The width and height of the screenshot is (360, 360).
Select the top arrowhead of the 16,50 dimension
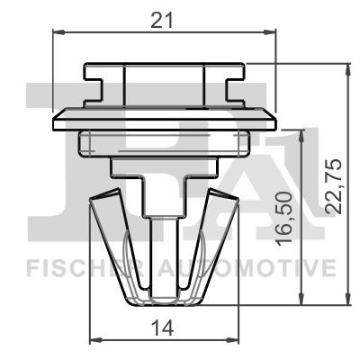[x=299, y=133]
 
